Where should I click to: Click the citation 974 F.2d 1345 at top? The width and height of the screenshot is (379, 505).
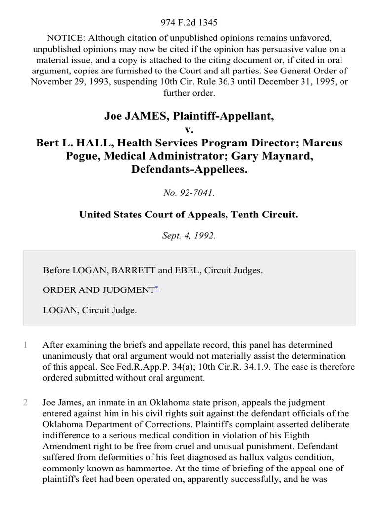189,22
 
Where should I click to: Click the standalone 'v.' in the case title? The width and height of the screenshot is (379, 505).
189,130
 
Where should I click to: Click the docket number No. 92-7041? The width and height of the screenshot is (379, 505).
189,193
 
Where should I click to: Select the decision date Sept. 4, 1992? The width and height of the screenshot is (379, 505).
189,235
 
